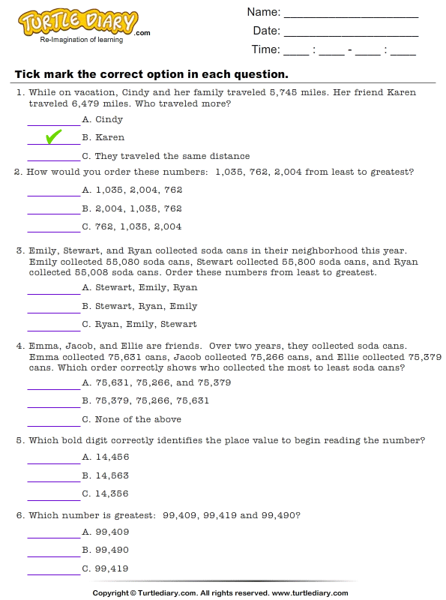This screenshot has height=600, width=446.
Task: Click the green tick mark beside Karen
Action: coord(53,136)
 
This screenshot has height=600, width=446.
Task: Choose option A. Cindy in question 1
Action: coord(103,119)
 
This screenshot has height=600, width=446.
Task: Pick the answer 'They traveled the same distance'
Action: coord(166,156)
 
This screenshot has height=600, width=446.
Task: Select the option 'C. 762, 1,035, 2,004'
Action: coord(132,226)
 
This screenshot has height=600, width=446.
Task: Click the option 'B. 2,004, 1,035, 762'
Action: coord(132,208)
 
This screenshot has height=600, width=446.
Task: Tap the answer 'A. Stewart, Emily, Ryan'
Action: coord(140,287)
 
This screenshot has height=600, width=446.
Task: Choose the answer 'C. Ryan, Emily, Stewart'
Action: coord(140,324)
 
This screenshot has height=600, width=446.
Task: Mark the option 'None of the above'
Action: coord(132,419)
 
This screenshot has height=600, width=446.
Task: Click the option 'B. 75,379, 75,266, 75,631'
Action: coord(145,400)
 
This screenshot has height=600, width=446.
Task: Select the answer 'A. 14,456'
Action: coord(106,457)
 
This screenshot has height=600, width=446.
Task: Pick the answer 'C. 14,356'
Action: coord(106,493)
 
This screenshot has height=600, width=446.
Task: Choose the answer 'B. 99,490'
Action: coord(106,550)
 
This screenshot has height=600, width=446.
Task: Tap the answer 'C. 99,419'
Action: coord(106,568)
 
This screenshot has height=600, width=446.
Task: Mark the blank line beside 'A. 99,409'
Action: coord(53,536)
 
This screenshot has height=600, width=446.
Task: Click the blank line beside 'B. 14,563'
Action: coord(53,480)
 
